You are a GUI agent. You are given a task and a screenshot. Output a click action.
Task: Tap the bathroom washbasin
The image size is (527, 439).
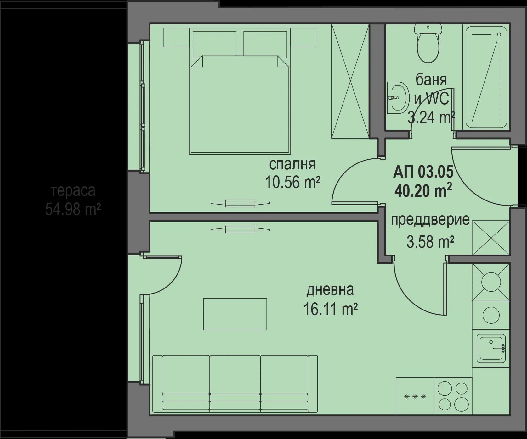coord(397,98)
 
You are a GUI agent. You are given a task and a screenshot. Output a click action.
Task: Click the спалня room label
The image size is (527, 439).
coord(292,164)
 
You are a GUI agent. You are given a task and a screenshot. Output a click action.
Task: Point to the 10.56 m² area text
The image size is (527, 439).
coord(292,182)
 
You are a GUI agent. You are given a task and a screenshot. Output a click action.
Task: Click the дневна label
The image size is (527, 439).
coord(330,289)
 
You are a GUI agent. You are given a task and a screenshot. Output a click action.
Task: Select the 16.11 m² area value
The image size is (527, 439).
coord(330,309)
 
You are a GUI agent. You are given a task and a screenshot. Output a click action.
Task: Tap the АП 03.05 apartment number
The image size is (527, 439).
coord(423,172)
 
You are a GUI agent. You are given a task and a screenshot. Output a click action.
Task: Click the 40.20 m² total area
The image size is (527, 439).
coord(423,190)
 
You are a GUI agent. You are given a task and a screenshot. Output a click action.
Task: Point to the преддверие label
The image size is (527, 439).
coord(430,220)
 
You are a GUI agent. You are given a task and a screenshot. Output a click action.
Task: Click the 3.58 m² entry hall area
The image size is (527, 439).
coord(430,242)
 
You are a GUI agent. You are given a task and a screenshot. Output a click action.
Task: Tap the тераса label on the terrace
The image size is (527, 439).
coord(72,191)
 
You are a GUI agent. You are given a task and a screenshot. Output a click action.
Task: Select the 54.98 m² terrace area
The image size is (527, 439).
coord(72,209)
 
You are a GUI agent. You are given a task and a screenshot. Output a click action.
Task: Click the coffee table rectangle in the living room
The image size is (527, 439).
coord(235,314)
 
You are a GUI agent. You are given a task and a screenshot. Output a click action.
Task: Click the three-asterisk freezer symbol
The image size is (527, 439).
coord(415,397)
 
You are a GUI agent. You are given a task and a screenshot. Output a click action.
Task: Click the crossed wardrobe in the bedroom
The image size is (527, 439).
coord(350,81)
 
